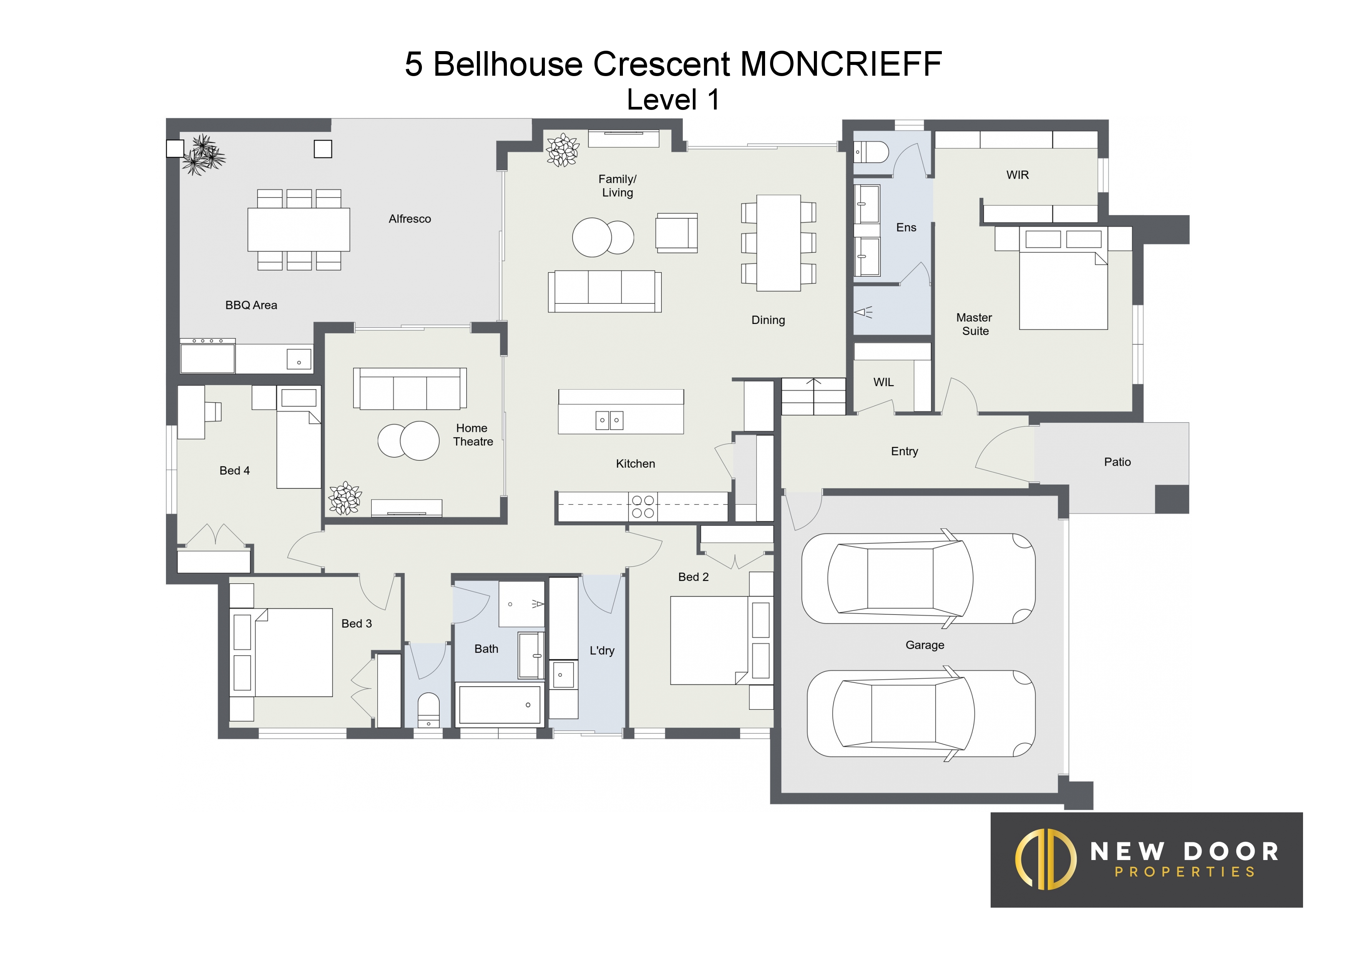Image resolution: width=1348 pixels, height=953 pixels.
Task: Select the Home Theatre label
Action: pos(473,435)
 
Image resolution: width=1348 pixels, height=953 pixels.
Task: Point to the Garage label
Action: pos(925,645)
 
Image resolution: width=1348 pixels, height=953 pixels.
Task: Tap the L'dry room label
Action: pos(602,650)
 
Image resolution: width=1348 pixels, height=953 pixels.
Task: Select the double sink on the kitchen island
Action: pos(609,420)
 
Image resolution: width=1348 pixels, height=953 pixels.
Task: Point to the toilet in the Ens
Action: pos(871,152)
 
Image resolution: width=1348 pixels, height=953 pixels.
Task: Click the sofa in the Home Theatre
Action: pos(410,389)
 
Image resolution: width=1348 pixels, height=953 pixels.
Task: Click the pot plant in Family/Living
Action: pos(563,150)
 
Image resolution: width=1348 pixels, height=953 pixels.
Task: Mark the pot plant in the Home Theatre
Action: pos(345,498)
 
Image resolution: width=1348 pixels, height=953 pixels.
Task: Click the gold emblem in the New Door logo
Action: pos(1046,859)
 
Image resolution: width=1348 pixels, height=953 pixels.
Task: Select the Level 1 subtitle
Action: pos(673,100)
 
